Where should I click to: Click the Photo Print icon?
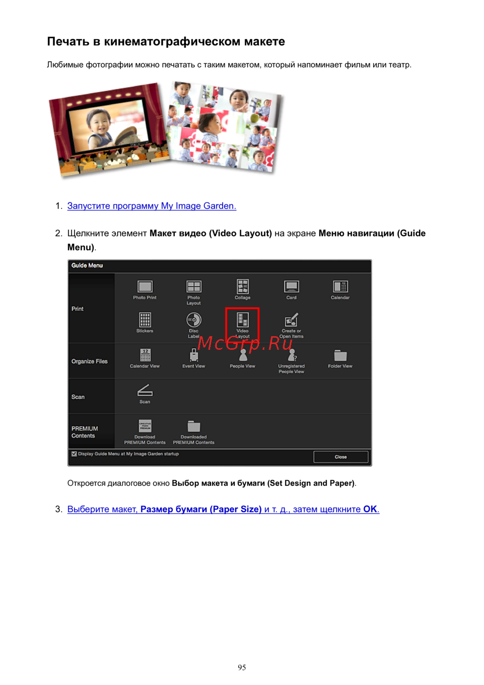click(145, 286)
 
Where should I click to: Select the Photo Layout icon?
click(194, 286)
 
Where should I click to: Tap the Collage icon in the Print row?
click(242, 286)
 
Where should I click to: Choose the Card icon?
click(291, 286)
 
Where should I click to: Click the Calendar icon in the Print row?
click(340, 286)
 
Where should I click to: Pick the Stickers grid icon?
click(145, 320)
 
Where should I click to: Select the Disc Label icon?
click(194, 320)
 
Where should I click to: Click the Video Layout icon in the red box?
click(242, 320)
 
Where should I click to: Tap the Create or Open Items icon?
click(291, 320)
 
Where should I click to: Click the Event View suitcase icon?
click(194, 355)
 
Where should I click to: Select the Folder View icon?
click(340, 356)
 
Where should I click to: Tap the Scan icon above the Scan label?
click(145, 390)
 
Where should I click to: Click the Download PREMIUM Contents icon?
click(145, 426)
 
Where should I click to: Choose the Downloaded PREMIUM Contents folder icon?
click(194, 426)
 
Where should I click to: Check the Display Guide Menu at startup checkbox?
click(74, 454)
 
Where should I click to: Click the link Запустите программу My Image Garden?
click(151, 206)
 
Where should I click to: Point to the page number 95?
click(242, 667)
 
